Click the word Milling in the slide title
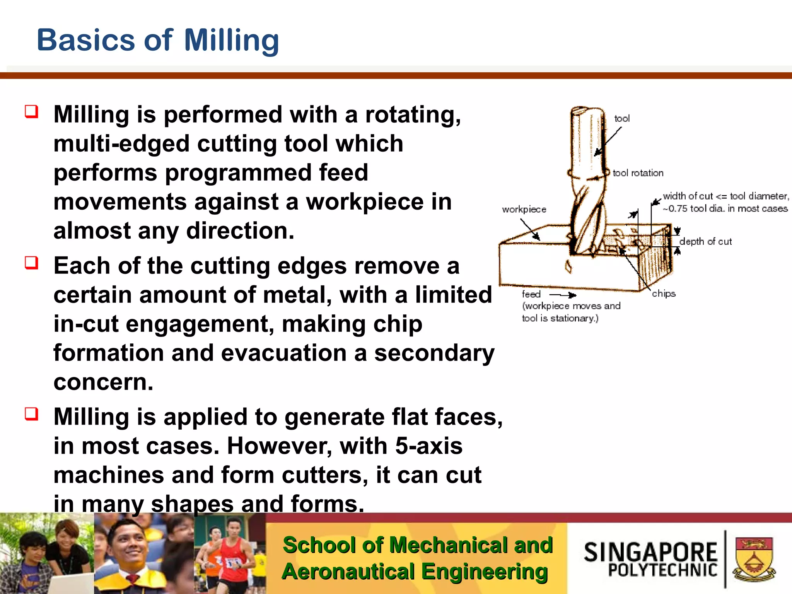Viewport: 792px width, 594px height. [x=231, y=40]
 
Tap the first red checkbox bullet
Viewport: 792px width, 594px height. [x=32, y=112]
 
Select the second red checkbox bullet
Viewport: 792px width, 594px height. [x=32, y=263]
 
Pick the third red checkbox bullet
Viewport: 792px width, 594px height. [x=32, y=414]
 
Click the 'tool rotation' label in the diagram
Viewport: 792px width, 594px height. [x=638, y=173]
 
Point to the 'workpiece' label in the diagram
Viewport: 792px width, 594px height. [x=524, y=209]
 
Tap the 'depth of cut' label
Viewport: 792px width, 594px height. [x=705, y=242]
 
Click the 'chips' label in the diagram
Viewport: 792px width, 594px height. [x=664, y=294]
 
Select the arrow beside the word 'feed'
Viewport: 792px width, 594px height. [x=563, y=295]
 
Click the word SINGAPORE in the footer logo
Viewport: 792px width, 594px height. [x=650, y=552]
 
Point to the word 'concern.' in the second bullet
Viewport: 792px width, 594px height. [x=103, y=382]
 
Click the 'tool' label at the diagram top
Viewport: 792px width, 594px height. [x=622, y=118]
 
